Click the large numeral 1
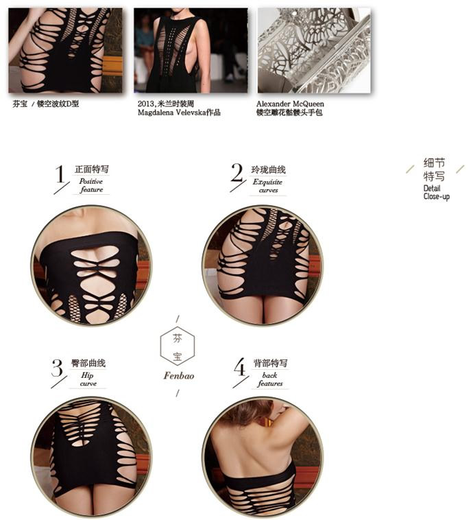60,174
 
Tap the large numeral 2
236,172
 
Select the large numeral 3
57,368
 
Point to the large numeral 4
240,366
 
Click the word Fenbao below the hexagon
179,376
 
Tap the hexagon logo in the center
178,347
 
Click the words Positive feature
91,185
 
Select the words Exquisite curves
268,186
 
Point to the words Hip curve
88,379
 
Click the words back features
270,379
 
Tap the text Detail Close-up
436,192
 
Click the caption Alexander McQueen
290,104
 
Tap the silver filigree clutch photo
314,50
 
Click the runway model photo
191,50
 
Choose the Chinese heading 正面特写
92,169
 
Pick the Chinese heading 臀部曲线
88,363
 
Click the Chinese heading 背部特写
271,363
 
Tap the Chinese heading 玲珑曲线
268,170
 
